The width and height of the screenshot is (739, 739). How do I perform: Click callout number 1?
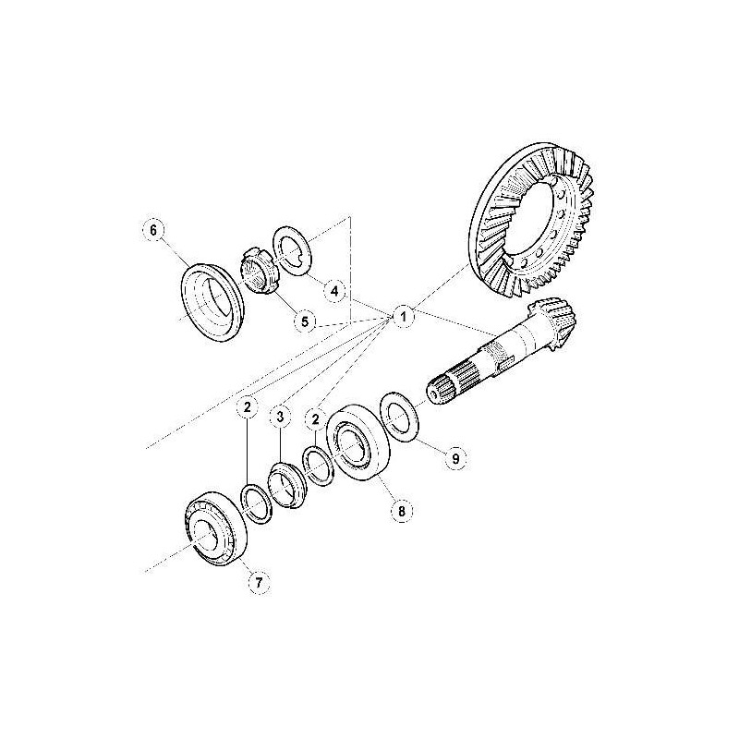click(403, 316)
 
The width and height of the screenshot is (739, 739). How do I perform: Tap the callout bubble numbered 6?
click(153, 230)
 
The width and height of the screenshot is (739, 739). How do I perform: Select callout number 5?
click(305, 321)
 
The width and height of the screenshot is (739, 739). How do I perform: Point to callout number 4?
click(334, 291)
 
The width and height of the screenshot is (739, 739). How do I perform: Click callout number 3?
click(281, 417)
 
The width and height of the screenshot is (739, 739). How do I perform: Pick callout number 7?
click(259, 582)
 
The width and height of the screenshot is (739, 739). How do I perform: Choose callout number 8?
click(402, 511)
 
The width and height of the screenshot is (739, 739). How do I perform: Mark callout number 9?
click(455, 458)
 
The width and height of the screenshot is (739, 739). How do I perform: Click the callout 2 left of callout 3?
click(248, 406)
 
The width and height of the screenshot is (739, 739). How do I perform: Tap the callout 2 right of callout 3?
click(316, 418)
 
